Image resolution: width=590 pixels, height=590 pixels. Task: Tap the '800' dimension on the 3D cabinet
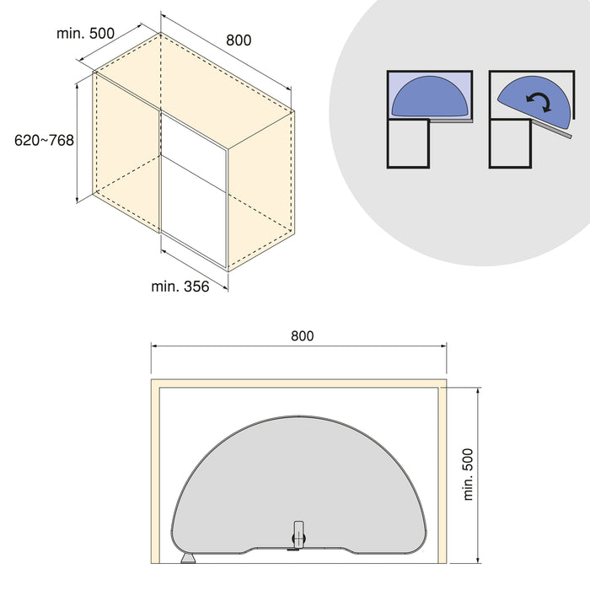[x=239, y=40]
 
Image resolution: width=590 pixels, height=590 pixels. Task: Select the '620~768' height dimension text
[x=45, y=141]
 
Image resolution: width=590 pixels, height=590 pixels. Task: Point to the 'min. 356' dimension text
[x=180, y=287]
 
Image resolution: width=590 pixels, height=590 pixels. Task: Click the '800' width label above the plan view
[x=302, y=335]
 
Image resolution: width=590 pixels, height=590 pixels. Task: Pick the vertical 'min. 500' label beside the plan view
[x=469, y=473]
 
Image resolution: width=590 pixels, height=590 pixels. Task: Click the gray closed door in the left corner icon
[x=453, y=121]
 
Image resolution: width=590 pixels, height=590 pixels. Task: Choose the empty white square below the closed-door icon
[x=409, y=143]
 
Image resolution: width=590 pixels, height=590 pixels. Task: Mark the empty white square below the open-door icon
[x=510, y=143]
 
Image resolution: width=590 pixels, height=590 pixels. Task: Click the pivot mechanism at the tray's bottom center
[x=298, y=536]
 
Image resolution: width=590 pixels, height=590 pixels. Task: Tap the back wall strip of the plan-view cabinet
[x=298, y=383]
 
